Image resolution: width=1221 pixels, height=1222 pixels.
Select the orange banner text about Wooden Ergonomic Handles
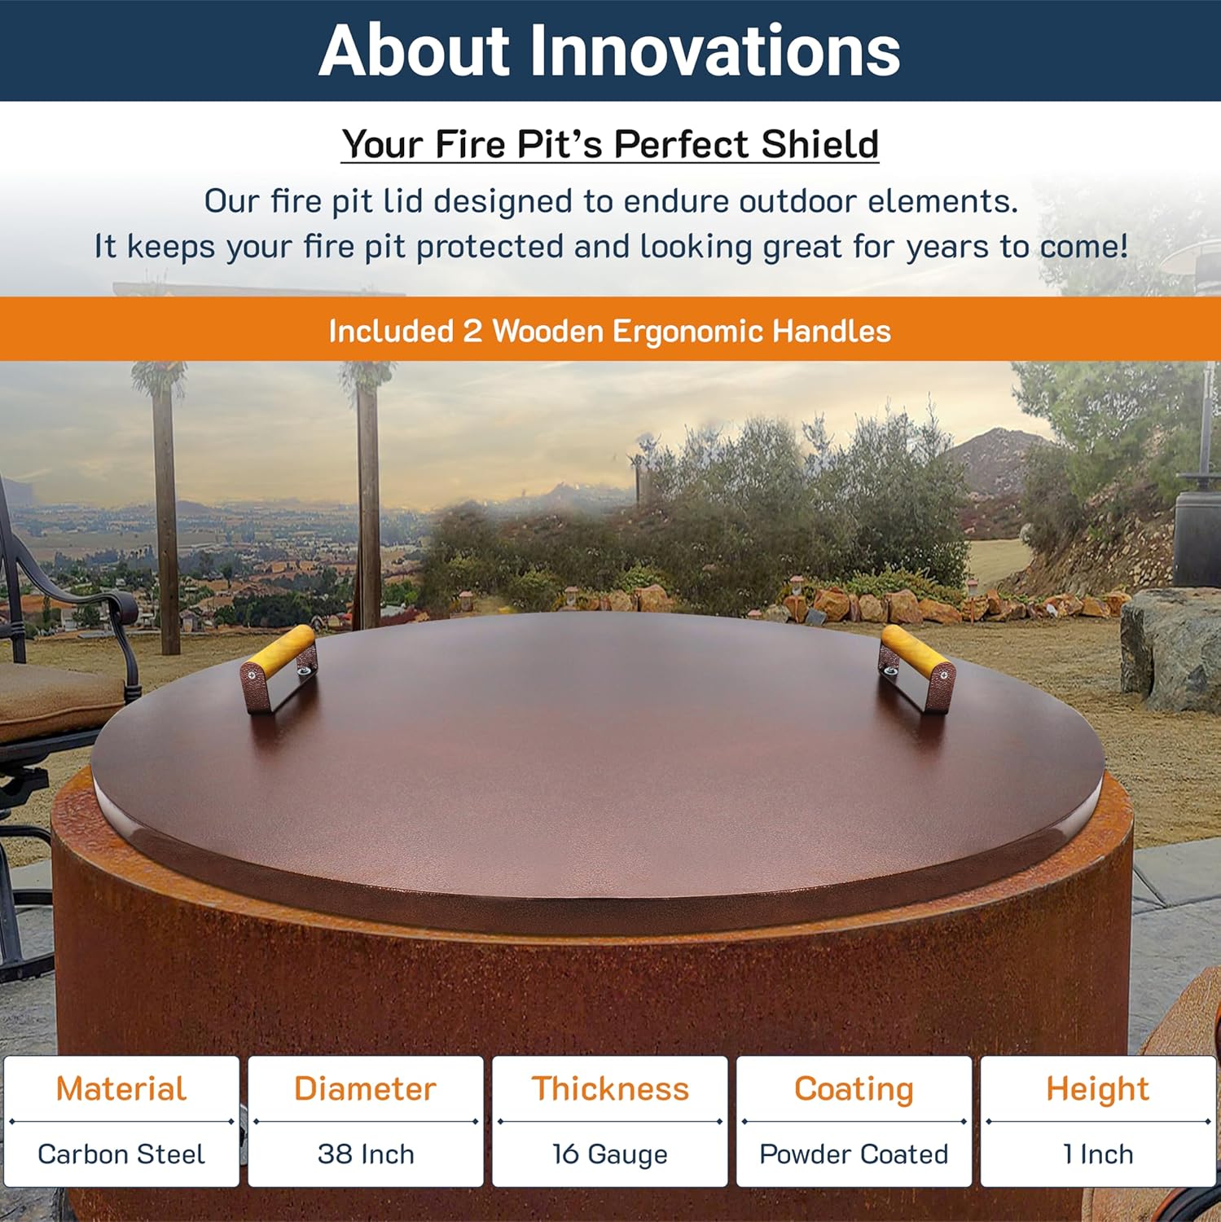pos(609,331)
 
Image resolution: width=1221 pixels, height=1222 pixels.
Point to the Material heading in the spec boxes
pos(121,1088)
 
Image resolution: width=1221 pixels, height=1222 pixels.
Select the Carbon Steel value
pos(121,1154)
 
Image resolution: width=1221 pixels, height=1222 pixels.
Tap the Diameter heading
pos(365,1088)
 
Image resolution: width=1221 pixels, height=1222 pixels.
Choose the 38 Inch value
pos(366,1154)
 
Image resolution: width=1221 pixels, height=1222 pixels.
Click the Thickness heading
pos(610,1088)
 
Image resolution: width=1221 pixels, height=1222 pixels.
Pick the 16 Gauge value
pos(610,1154)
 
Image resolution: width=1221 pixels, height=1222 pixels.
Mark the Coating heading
pos(854,1088)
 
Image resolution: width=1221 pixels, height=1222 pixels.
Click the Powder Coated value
pos(854,1154)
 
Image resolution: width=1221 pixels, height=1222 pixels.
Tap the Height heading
pos(1097,1088)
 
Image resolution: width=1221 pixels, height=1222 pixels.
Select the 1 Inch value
pos(1097,1154)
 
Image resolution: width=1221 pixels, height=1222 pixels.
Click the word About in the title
pos(414,51)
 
